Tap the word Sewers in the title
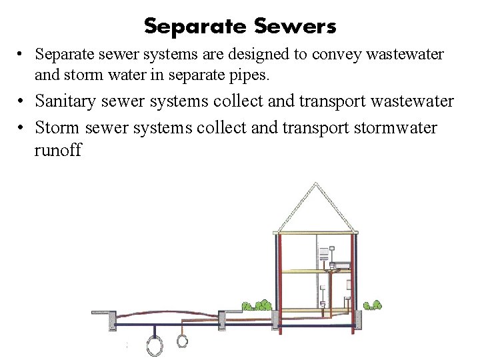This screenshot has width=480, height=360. tap(295, 27)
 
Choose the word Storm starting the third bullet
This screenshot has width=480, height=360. tap(56, 127)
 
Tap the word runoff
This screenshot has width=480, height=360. tap(57, 150)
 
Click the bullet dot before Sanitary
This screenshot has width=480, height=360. tap(22, 102)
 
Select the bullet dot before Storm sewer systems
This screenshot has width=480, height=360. tap(22, 127)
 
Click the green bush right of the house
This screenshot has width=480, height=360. tap(372, 305)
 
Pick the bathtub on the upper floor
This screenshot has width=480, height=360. tap(338, 265)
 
